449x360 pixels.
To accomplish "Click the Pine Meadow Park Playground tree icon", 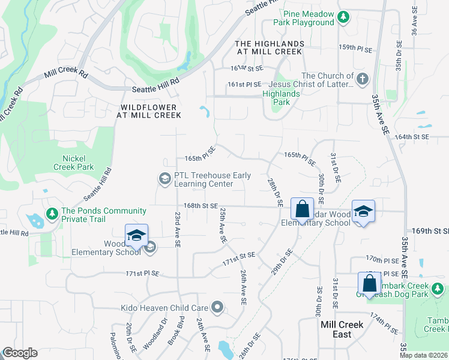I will coord(343,17).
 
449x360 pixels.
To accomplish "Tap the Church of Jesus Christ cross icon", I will coord(363,79).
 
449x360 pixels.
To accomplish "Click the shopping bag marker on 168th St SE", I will coord(303,209).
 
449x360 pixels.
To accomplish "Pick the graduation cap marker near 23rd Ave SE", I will coord(136,235).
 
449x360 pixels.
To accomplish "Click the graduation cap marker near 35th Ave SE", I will coord(363,211).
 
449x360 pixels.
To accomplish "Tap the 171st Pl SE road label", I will coord(142,273).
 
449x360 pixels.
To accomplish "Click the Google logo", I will coord(20,353).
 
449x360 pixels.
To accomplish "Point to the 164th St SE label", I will coord(412,137).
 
